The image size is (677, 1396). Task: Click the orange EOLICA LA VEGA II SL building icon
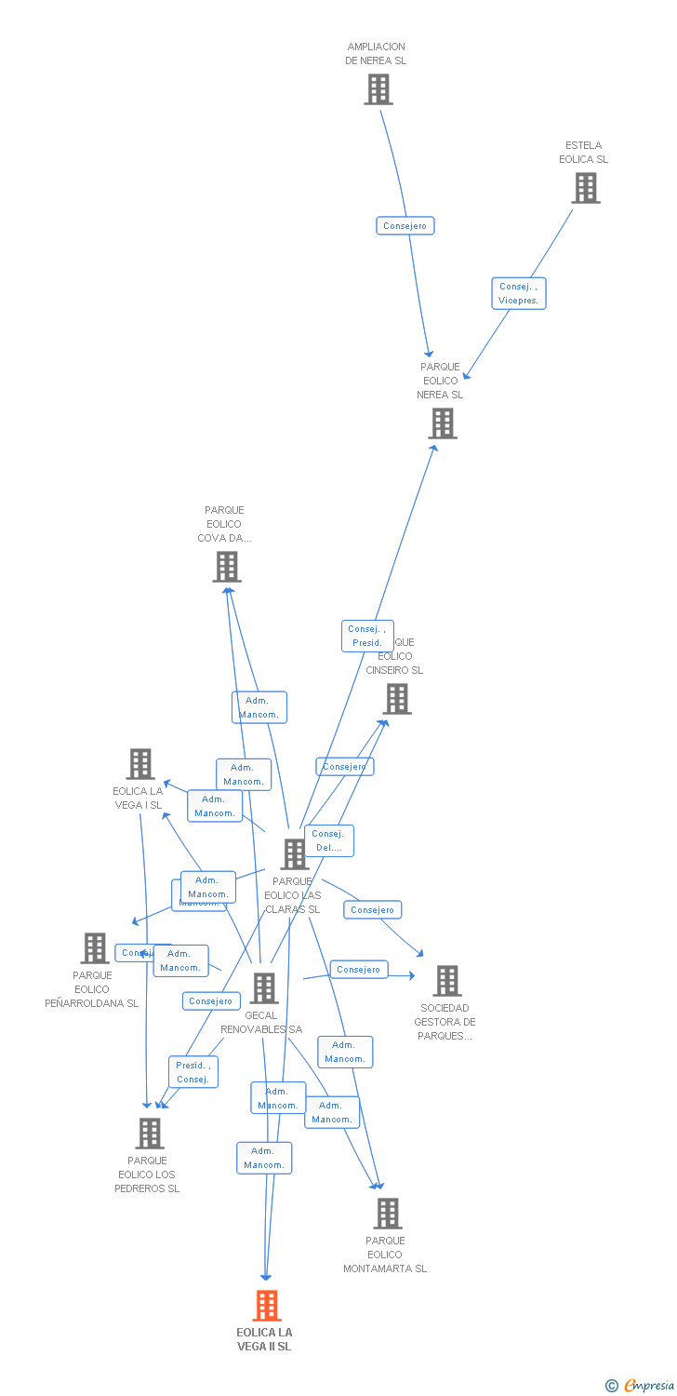point(267,1305)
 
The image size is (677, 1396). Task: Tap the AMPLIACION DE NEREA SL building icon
point(378,89)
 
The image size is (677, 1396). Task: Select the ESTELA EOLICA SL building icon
point(585,188)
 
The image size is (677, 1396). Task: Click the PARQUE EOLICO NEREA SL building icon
point(443,423)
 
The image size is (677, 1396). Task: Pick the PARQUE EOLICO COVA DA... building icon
point(227,567)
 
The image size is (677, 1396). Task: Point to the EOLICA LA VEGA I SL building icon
point(140,764)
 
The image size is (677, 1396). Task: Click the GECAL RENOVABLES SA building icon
point(264,988)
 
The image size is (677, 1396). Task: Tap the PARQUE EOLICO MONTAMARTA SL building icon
point(388,1214)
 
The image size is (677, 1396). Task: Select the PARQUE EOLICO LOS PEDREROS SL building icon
point(150,1134)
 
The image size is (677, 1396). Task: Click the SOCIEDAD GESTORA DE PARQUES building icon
point(447,981)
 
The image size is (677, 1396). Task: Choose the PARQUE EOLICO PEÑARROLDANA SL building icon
point(95,948)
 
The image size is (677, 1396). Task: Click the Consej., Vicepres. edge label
point(518,293)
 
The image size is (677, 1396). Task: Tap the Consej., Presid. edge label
point(367,636)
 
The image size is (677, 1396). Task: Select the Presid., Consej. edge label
point(193,1072)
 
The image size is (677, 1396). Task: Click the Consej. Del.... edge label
point(329,840)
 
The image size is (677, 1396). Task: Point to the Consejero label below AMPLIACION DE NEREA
point(405,226)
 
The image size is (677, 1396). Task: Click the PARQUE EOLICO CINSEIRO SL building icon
point(397,699)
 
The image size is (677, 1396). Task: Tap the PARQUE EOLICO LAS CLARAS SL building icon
point(295,854)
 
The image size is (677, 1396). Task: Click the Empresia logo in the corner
point(640,1386)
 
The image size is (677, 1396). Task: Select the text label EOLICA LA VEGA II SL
point(264,1339)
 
